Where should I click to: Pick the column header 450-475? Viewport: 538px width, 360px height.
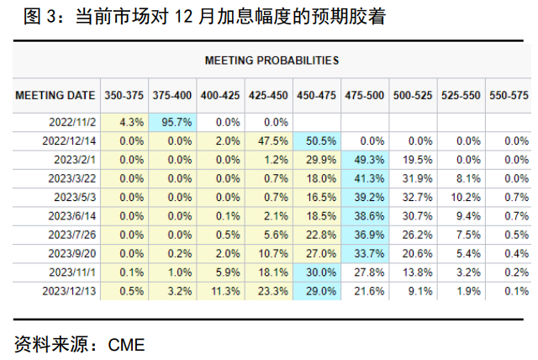(x=316, y=96)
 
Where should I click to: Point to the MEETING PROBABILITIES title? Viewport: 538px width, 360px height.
(x=271, y=61)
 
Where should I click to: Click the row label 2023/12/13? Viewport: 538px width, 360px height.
(x=71, y=290)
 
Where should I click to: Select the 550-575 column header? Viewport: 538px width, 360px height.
(x=509, y=96)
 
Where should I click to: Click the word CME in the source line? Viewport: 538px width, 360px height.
(x=126, y=344)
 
